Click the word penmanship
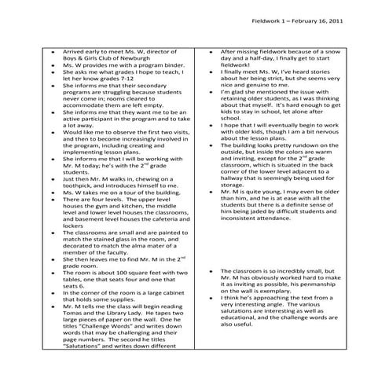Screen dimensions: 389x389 [329, 288]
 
